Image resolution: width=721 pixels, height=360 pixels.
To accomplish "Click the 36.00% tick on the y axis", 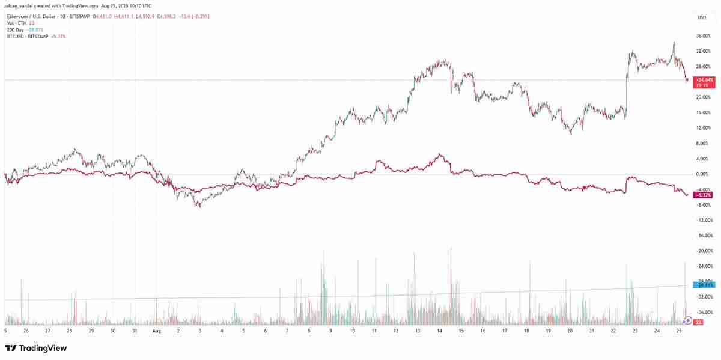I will (704, 35).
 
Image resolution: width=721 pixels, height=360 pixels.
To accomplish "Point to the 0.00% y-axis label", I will (702, 174).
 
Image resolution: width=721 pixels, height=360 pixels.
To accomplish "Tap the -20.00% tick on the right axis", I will (703, 251).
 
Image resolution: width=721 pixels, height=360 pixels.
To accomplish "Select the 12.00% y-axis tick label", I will (702, 127).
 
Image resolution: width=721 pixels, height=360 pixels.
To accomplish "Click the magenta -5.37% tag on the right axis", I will (702, 195).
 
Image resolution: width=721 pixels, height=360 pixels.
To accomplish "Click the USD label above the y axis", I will (701, 17).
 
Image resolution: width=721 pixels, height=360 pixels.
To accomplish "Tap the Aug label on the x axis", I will (156, 331).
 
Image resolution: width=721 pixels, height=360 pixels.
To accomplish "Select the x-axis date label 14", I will (439, 331).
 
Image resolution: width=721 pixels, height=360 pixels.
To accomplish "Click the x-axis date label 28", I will (70, 331).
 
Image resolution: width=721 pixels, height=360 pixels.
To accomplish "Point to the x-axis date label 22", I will (613, 331).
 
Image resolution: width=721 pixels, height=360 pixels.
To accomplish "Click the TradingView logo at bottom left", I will (35, 349).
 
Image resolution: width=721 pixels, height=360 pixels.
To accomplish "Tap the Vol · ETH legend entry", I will (17, 23).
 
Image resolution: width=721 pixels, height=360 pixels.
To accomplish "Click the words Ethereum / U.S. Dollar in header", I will (30, 17).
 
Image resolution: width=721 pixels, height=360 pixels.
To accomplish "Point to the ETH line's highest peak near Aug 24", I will (674, 43).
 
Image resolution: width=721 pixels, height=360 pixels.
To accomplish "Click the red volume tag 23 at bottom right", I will (699, 322).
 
